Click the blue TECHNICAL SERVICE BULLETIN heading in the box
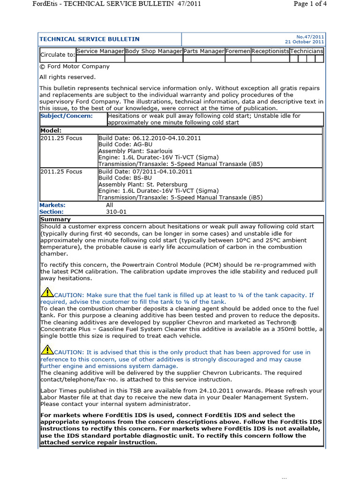(89, 39)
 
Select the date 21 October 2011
(305, 42)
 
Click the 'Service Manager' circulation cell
(100, 51)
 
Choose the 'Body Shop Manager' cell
(154, 51)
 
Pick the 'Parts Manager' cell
(204, 51)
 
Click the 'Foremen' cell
(238, 51)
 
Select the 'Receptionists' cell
(270, 51)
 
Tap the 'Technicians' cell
(306, 51)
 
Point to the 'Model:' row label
(51, 130)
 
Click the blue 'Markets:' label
(52, 205)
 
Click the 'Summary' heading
(55, 219)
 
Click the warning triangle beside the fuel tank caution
(47, 293)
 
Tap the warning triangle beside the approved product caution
(47, 350)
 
